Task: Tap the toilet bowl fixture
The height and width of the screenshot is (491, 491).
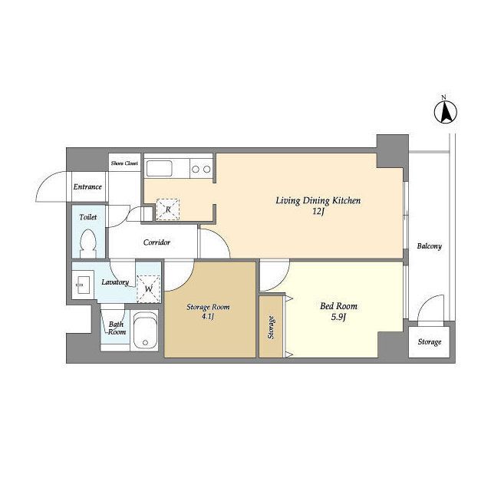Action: click(87, 244)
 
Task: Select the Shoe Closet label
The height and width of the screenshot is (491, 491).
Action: click(124, 163)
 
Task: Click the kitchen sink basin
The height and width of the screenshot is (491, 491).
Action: click(159, 169)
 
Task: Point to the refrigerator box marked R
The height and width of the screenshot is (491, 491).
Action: click(168, 209)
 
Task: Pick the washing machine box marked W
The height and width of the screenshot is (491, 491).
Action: click(148, 288)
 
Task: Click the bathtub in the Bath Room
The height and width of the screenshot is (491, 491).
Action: click(145, 331)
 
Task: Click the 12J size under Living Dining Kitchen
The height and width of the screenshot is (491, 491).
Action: click(318, 212)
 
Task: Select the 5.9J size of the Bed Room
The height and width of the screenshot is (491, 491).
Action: click(338, 318)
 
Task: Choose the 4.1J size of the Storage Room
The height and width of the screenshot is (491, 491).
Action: click(208, 317)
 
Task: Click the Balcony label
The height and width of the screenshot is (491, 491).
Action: click(430, 246)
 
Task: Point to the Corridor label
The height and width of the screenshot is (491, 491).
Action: click(157, 242)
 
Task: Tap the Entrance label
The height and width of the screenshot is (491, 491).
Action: click(87, 187)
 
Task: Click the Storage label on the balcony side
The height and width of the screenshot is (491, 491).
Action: click(430, 342)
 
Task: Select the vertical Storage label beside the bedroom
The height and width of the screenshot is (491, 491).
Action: click(271, 328)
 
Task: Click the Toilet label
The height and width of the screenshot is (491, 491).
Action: click(87, 217)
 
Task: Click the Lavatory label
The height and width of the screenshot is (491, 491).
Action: click(115, 282)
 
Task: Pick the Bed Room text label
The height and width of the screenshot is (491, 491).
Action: click(338, 306)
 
